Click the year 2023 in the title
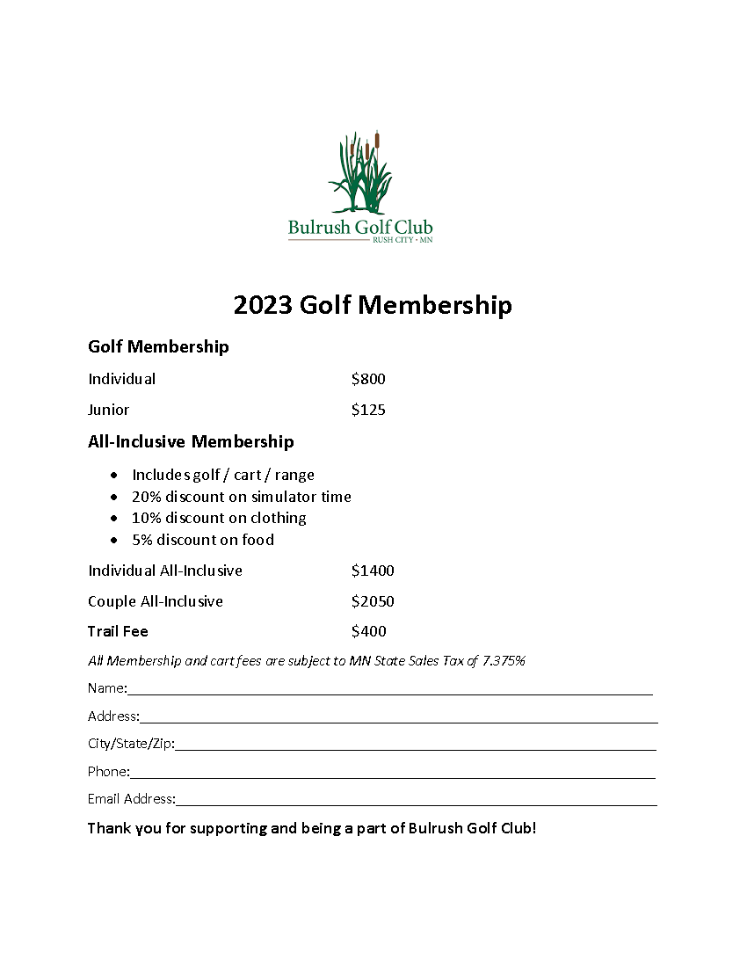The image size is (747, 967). pos(263,305)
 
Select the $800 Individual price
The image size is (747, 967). pos(368,379)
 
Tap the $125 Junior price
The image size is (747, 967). pos(368,410)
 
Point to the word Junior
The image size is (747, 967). pos(108,410)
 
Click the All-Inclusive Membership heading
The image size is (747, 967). pos(191,441)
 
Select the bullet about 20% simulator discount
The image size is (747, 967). pos(241,497)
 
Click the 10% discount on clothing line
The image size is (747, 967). pos(219,518)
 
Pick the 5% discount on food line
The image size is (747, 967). pos(202,540)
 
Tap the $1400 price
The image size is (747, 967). pos(373,571)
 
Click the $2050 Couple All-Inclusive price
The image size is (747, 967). pos(373,601)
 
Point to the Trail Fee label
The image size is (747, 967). pos(118,631)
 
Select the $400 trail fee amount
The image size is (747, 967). pos(368,631)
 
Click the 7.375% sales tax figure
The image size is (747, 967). pos(504,661)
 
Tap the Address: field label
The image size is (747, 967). pos(113,716)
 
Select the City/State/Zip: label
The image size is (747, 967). pos(131,744)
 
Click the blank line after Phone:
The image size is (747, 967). pos(392,774)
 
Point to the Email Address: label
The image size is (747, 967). pos(131,799)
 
